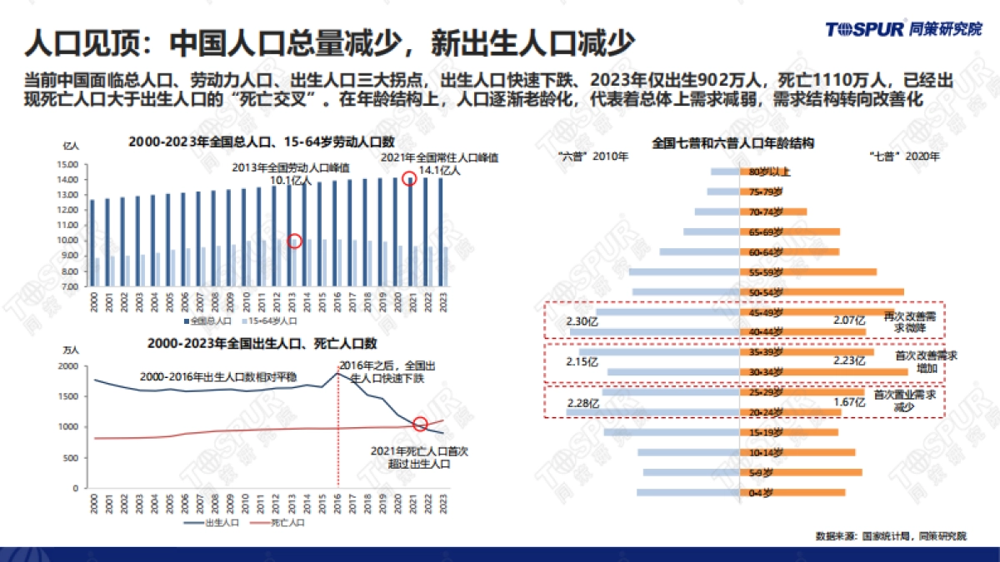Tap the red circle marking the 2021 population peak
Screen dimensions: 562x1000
click(409, 178)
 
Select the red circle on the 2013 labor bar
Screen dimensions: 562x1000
click(294, 241)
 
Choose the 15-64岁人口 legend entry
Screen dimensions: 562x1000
click(270, 320)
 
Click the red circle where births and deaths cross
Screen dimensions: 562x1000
click(421, 424)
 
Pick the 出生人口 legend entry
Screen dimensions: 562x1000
click(217, 522)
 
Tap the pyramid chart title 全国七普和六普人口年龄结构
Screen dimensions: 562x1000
click(732, 142)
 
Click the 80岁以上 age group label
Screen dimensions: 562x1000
click(764, 172)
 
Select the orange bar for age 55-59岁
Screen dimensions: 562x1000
click(808, 271)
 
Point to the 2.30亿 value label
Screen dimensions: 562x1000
click(581, 321)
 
